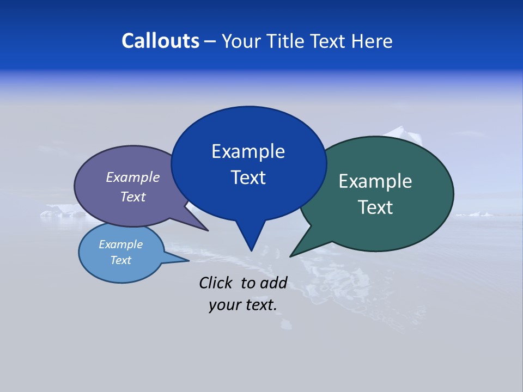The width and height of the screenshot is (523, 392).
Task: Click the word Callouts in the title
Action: tap(160, 41)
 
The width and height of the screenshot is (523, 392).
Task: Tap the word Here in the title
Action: tap(371, 41)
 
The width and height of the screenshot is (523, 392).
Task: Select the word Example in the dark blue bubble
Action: tap(248, 151)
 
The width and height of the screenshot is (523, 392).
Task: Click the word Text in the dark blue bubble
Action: tap(248, 177)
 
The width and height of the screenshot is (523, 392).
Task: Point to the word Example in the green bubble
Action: tap(375, 181)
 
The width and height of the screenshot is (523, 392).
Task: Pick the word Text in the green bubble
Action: tap(375, 207)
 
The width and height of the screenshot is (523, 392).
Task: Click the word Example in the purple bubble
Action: tap(133, 177)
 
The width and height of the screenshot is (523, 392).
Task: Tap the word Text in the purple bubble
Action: tap(133, 197)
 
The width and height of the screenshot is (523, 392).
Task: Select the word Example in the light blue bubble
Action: tap(120, 244)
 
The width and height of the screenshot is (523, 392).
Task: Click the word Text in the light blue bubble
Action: tap(120, 260)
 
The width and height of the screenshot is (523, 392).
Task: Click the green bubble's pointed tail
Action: tap(294, 254)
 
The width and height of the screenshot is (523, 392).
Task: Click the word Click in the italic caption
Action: tap(216, 283)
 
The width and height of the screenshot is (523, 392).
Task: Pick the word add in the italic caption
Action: tap(273, 283)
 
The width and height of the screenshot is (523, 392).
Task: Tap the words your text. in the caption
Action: tap(242, 305)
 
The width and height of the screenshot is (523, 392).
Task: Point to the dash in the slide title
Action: tap(211, 41)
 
